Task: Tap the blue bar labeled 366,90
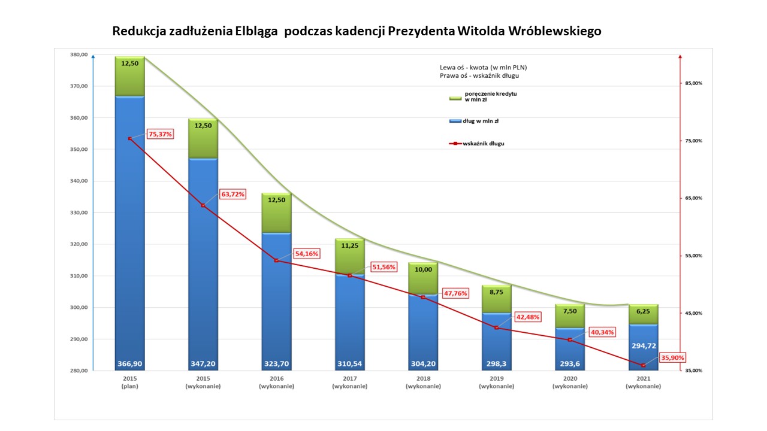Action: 129,233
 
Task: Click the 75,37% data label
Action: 160,134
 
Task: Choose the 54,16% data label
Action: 306,253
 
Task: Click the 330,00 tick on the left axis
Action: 79,213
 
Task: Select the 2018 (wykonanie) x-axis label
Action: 422,383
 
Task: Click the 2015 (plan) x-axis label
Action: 129,383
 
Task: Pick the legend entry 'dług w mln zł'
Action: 481,121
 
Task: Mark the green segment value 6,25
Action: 643,311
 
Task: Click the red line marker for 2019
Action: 496,327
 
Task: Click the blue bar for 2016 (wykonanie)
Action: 276,299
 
